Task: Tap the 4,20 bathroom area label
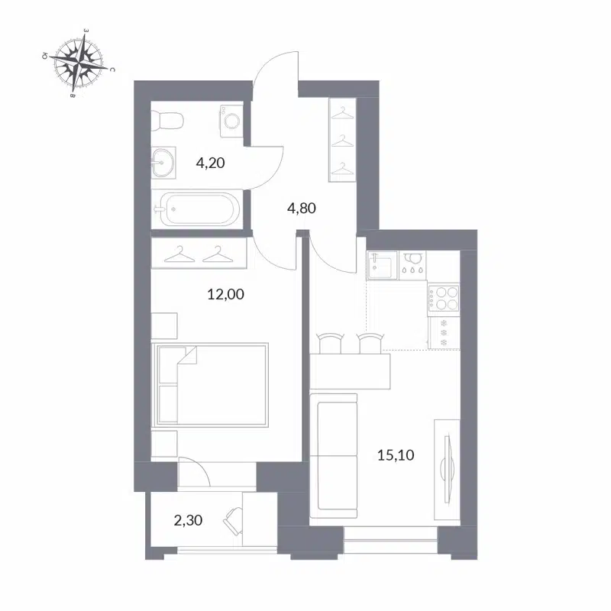210,162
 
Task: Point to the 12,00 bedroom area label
226,293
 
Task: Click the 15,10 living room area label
396,456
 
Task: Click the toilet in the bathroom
168,120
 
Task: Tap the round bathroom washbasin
162,161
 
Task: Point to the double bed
212,384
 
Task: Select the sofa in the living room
335,454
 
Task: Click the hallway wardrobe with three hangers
343,140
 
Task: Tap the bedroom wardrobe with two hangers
199,253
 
